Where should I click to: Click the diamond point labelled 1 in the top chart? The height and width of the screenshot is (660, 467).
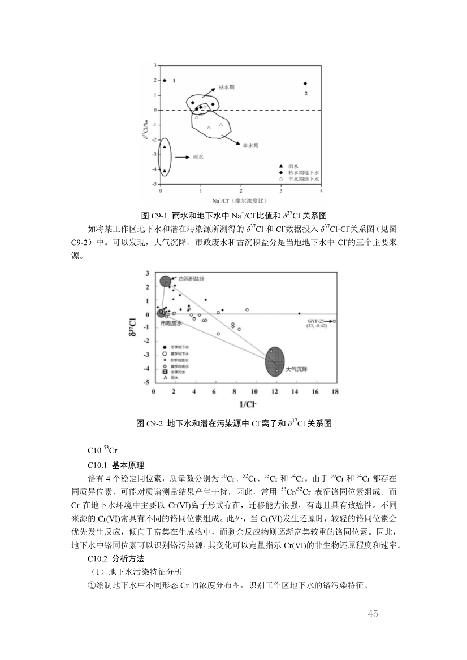pyautogui.click(x=165, y=81)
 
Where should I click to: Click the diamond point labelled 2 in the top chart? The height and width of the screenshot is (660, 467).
pyautogui.click(x=305, y=84)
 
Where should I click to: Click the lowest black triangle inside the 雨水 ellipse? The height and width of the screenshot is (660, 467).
pyautogui.click(x=165, y=171)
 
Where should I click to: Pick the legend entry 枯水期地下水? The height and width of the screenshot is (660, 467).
pyautogui.click(x=304, y=172)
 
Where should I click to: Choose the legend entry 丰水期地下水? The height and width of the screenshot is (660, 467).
pyautogui.click(x=304, y=178)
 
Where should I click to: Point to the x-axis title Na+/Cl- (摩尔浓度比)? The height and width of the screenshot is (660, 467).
pyautogui.click(x=239, y=200)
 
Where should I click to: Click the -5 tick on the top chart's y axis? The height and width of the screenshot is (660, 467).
pyautogui.click(x=156, y=184)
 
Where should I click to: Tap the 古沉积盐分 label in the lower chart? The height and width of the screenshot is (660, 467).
pyautogui.click(x=191, y=278)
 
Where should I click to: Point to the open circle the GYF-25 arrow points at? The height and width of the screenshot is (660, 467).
pyautogui.click(x=334, y=321)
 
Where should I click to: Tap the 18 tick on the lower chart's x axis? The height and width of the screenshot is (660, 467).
pyautogui.click(x=335, y=391)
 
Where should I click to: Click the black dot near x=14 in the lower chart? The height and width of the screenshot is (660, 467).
pyautogui.click(x=299, y=313)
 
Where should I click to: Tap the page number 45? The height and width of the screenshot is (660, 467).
pyautogui.click(x=372, y=614)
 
